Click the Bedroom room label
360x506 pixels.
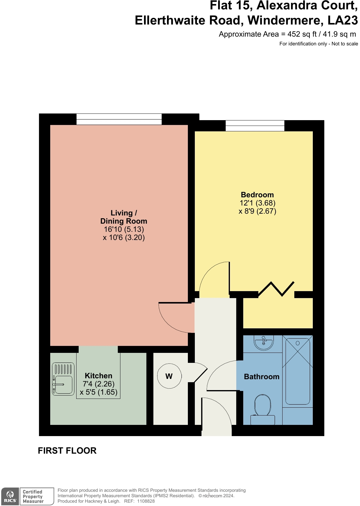tap(257, 195)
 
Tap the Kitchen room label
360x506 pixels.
tap(98, 376)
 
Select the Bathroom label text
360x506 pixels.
tap(262, 376)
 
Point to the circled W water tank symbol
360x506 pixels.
tap(169, 376)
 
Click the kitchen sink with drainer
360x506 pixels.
tap(63, 379)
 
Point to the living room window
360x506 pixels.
tap(119, 119)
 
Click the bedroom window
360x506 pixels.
tap(255, 126)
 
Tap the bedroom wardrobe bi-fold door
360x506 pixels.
tap(276, 289)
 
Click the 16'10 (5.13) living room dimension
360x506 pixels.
tap(124, 229)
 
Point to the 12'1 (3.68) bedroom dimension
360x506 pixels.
tap(257, 203)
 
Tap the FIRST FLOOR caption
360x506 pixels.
tap(67, 451)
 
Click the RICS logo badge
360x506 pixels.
tap(10, 496)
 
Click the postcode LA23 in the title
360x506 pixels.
tap(342, 20)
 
